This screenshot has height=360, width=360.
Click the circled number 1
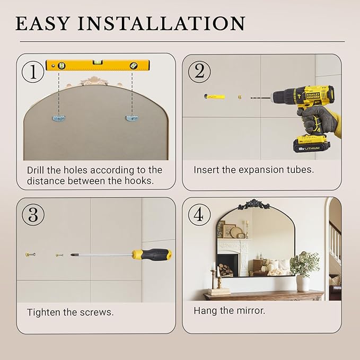(x=33, y=72)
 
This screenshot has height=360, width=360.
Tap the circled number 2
(x=199, y=72)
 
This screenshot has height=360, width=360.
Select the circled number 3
(x=33, y=215)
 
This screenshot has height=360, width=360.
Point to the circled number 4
(x=199, y=215)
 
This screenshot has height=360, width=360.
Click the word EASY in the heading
(x=42, y=23)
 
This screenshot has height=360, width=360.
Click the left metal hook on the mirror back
(x=59, y=118)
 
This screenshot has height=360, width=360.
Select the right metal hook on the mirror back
(x=132, y=118)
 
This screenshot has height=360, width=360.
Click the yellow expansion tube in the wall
(x=214, y=96)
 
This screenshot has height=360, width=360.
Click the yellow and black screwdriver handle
(x=152, y=254)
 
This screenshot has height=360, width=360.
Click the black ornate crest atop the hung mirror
(x=253, y=204)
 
